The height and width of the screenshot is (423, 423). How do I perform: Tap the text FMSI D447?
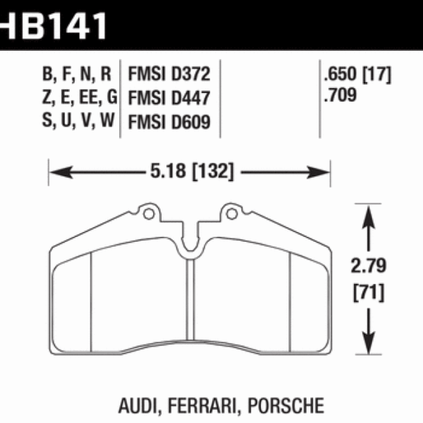pos(169,98)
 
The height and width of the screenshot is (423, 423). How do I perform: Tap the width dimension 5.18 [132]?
pos(188,171)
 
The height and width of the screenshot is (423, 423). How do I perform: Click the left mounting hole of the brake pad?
pos(147,211)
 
